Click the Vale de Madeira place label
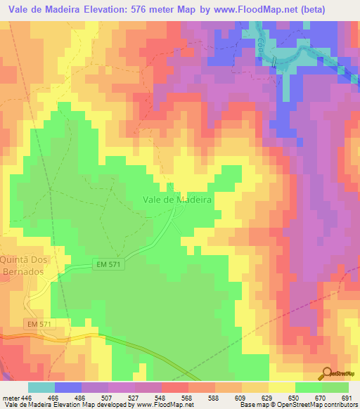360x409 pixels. click(x=177, y=200)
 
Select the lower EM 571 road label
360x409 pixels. click(x=41, y=323)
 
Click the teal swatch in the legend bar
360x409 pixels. click(x=41, y=387)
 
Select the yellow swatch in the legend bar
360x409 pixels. click(x=281, y=387)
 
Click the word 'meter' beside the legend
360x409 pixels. click(x=11, y=397)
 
